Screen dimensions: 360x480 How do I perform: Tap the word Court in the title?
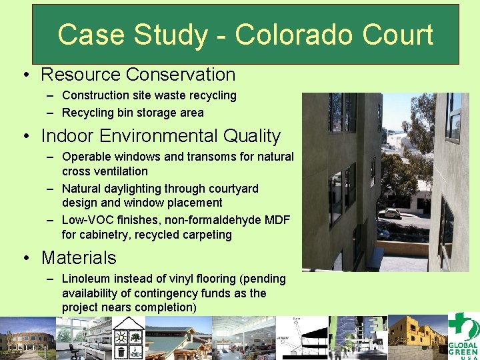pos(399,35)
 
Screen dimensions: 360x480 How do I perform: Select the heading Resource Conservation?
pos(138,75)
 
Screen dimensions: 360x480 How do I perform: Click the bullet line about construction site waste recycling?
pos(149,95)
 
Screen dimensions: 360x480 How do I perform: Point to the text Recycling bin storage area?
pos(133,113)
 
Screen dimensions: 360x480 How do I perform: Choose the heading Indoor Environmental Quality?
pos(161,136)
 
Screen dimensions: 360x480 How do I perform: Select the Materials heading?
pos(79,257)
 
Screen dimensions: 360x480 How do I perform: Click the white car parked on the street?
pos(390,213)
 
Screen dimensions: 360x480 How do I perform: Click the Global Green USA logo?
pos(463,337)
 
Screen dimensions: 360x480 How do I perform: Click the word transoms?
pos(197,157)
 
